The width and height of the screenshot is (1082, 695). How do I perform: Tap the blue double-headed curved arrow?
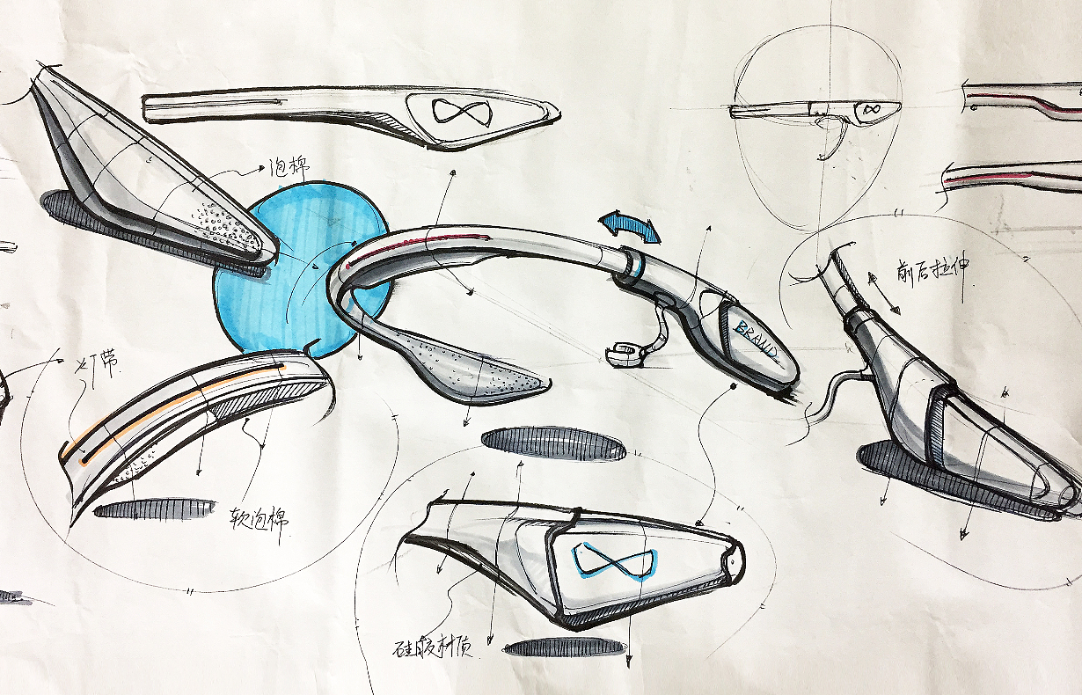pos(629,224)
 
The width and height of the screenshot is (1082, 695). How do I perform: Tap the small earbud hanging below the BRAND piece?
pos(625,352)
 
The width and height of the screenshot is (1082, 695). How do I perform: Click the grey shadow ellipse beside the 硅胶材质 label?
pos(567,647)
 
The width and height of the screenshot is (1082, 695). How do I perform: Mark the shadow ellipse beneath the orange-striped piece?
pos(154,508)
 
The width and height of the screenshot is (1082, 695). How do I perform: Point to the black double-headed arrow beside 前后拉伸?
pos(884,293)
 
